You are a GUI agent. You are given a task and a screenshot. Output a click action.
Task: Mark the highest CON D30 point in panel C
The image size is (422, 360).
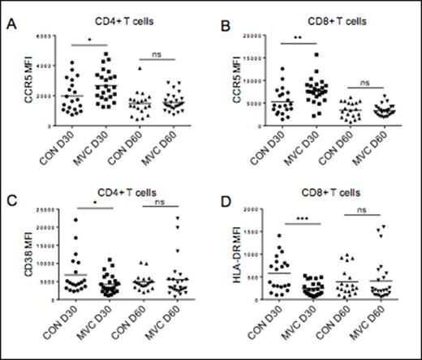(75, 221)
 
